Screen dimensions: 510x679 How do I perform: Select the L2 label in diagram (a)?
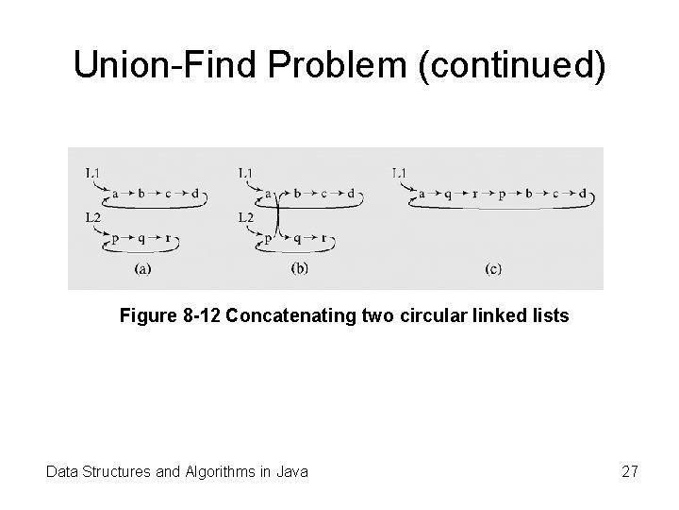(x=92, y=217)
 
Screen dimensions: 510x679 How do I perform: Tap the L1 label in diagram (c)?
(x=400, y=173)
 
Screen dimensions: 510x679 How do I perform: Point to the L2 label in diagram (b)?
(x=246, y=217)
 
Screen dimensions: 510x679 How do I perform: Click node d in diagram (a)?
(x=195, y=194)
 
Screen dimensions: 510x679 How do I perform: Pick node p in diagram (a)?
(x=115, y=239)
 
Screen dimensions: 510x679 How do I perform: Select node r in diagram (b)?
(x=323, y=239)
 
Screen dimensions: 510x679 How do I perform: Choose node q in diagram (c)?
(x=448, y=195)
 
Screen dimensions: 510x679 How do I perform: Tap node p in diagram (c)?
(x=502, y=195)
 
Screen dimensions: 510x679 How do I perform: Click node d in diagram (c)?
(x=582, y=195)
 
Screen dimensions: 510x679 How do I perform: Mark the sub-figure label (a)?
(x=143, y=269)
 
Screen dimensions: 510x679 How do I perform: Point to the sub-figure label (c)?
(x=493, y=269)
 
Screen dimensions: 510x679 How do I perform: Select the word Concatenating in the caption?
(x=289, y=315)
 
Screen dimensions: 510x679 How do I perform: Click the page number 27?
(x=629, y=469)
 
